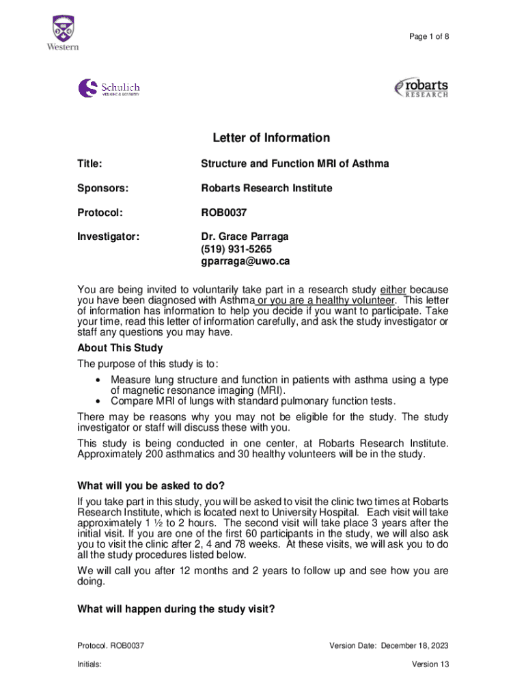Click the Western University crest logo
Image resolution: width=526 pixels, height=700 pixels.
[62, 31]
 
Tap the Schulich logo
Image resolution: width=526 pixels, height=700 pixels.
[109, 89]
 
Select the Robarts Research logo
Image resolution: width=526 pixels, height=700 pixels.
[421, 88]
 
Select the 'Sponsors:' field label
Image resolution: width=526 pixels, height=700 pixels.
[102, 188]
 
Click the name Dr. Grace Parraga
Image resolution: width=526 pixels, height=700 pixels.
[245, 237]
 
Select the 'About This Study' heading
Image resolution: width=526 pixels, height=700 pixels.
[120, 349]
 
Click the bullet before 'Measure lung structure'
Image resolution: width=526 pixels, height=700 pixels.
[100, 380]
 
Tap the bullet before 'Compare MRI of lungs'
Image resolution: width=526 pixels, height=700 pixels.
[100, 401]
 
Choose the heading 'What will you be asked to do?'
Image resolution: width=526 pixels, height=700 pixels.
[151, 486]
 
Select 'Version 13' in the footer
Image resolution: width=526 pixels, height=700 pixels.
[430, 664]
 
